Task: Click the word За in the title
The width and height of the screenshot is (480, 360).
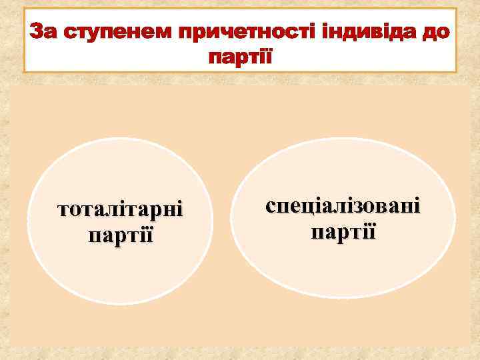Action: [x=45, y=31]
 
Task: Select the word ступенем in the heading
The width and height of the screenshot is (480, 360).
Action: [x=107, y=31]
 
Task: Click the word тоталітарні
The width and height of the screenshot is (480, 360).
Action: [x=121, y=211]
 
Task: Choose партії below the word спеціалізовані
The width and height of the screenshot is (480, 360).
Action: [x=343, y=233]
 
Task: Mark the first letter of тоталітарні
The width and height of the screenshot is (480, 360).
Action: [x=64, y=212]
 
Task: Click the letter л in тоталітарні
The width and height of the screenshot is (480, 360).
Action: [x=110, y=212]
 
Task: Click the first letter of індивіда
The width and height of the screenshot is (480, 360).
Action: [x=307, y=31]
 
